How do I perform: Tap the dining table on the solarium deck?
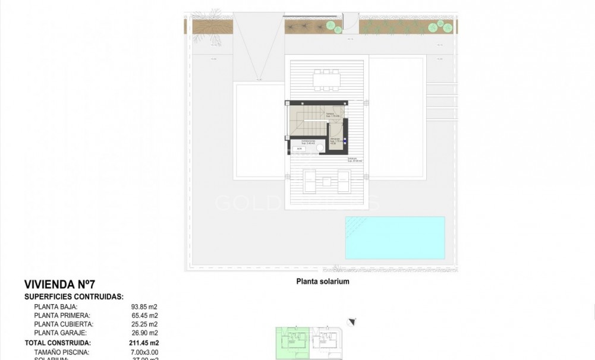point(327,80)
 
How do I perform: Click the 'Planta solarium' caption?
point(322,282)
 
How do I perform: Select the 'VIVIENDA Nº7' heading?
point(59,284)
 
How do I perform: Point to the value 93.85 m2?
point(145,307)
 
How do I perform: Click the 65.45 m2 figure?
point(145,315)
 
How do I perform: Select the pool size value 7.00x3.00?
point(145,352)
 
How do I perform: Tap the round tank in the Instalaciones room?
point(320,148)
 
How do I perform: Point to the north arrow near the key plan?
point(352,321)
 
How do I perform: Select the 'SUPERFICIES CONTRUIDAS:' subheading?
point(74,296)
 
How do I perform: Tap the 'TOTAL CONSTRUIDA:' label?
point(57,343)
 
